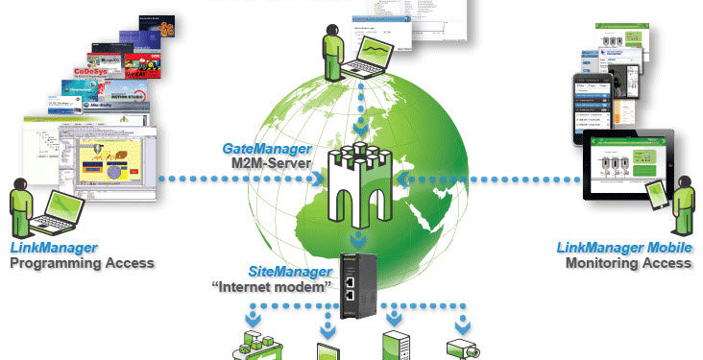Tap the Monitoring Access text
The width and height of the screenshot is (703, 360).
628,262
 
